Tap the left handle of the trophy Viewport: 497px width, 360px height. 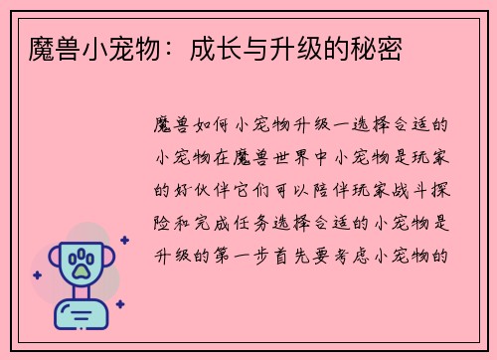tap(48, 261)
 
